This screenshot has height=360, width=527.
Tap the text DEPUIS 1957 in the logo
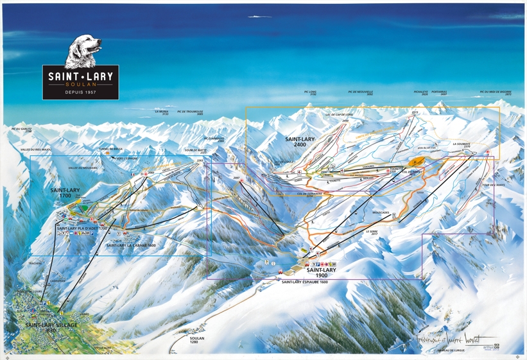(81, 92)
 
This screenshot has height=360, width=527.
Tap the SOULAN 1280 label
(197, 339)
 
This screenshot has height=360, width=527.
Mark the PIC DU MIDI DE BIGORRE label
(499, 93)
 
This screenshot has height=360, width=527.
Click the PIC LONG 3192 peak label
(311, 93)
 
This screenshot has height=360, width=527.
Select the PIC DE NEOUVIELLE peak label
(360, 93)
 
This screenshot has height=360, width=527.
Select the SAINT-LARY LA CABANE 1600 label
(132, 245)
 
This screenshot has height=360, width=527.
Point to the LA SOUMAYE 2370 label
(462, 146)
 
